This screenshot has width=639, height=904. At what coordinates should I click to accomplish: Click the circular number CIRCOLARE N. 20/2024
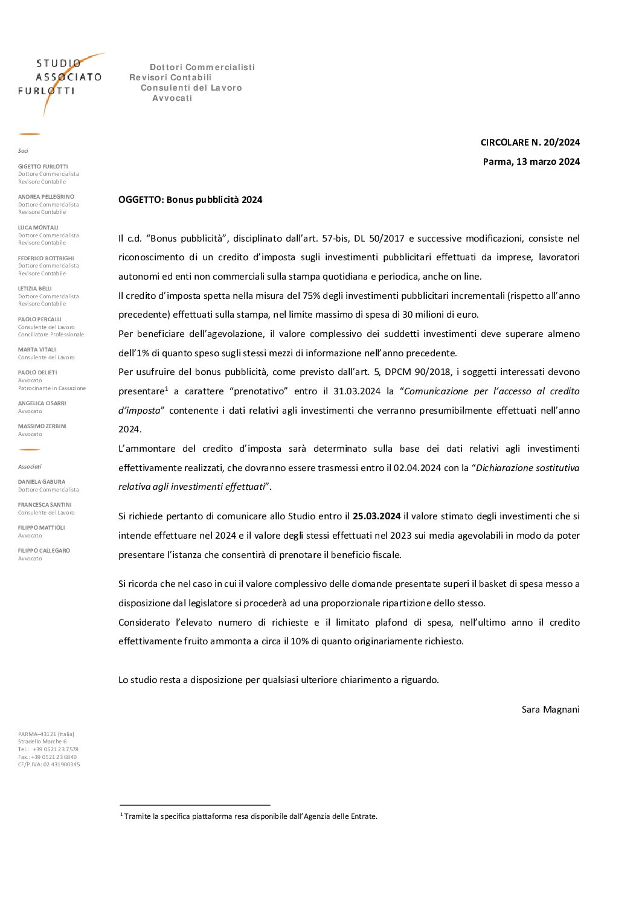pos(530,143)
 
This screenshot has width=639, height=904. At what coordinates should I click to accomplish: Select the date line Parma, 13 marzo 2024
pos(531,161)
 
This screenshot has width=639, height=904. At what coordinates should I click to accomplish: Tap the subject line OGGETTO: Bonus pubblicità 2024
pos(190,200)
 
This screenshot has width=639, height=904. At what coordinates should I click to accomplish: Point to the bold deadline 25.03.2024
pos(376,516)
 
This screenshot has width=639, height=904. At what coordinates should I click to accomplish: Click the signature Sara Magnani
pos(550,709)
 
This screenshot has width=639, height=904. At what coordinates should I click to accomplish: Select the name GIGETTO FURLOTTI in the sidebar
pos(43,167)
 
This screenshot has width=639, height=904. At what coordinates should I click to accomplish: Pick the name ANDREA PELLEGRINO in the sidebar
pos(46,197)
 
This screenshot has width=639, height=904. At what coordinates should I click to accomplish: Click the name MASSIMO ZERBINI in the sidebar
pos(42,426)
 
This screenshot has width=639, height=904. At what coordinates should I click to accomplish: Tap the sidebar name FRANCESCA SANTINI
pos(45,505)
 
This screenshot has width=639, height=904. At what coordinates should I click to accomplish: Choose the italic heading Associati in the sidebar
pos(30,467)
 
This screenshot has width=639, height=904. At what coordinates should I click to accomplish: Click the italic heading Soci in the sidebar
pos(23,151)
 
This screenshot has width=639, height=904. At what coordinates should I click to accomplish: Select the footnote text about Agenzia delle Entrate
pos(250,816)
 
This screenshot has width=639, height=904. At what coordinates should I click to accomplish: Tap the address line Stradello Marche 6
pos(42,742)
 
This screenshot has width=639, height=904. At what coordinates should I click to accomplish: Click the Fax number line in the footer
pos(47,757)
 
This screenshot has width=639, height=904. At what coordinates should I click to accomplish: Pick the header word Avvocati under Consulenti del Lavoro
pos(172,98)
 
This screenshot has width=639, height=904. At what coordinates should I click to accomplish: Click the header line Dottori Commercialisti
pos(202,67)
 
